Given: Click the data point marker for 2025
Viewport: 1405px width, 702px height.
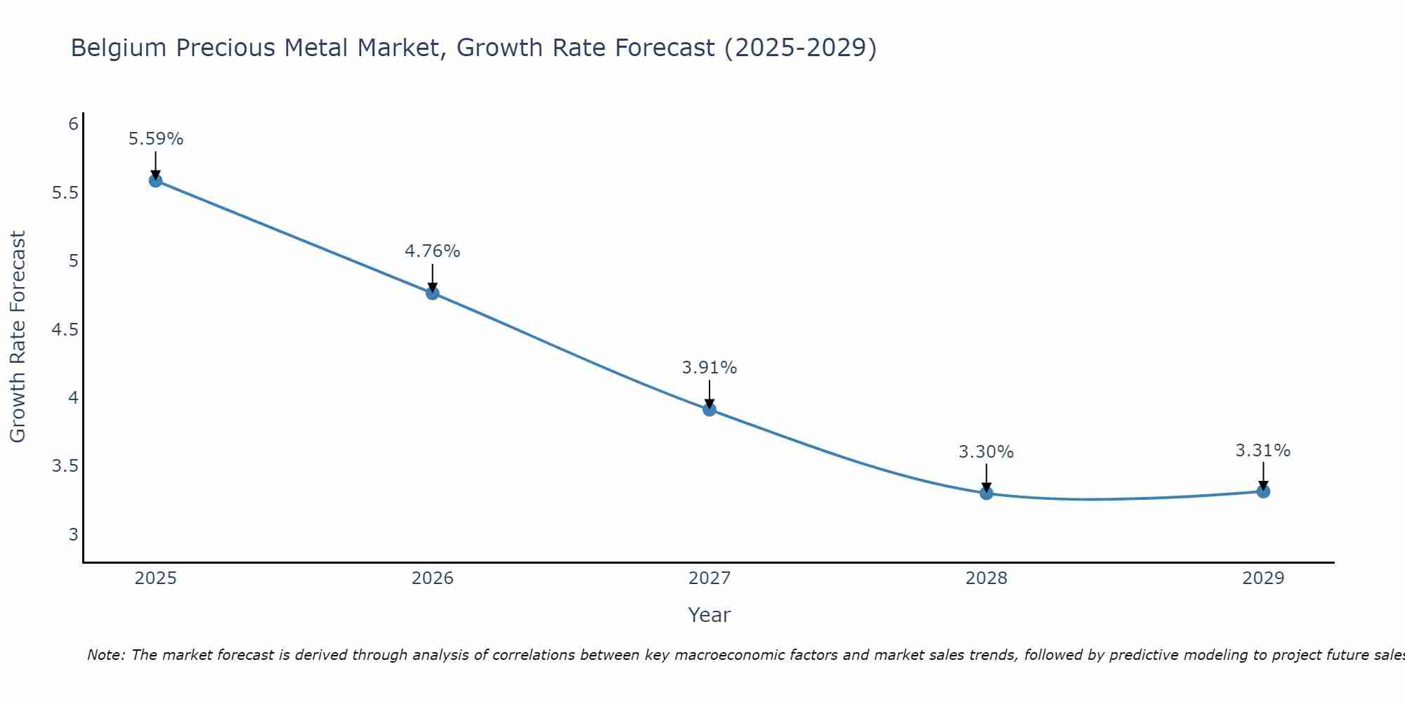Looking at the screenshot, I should pos(155,180).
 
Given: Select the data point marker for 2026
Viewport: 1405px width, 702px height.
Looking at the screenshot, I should pos(433,293).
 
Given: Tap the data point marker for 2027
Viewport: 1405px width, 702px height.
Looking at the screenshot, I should pos(710,409).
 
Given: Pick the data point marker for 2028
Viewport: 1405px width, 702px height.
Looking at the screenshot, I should pos(986,493).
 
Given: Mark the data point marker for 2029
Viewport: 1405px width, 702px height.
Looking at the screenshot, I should pos(1263,491).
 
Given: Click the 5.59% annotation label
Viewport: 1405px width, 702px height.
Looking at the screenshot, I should pos(156,139).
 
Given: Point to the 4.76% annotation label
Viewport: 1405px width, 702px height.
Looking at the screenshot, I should pos(433,251).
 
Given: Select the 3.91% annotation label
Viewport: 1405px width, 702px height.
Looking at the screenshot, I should pos(710,368).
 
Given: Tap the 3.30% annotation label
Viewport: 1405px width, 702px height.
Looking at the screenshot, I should pos(986,452).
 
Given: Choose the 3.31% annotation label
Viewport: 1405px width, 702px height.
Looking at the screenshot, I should pos(1263,451).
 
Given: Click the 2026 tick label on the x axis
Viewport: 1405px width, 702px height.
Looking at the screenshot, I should pos(433,578).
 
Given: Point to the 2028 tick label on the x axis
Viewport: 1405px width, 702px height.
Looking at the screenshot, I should pos(986,578).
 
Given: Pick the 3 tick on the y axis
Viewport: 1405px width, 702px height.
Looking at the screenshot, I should pos(73,535).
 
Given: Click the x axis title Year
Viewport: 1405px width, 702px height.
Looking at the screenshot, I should pos(710,615).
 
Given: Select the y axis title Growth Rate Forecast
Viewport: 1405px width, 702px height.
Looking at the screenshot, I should pos(18,337).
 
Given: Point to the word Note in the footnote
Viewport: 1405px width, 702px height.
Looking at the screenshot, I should pos(105,655).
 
